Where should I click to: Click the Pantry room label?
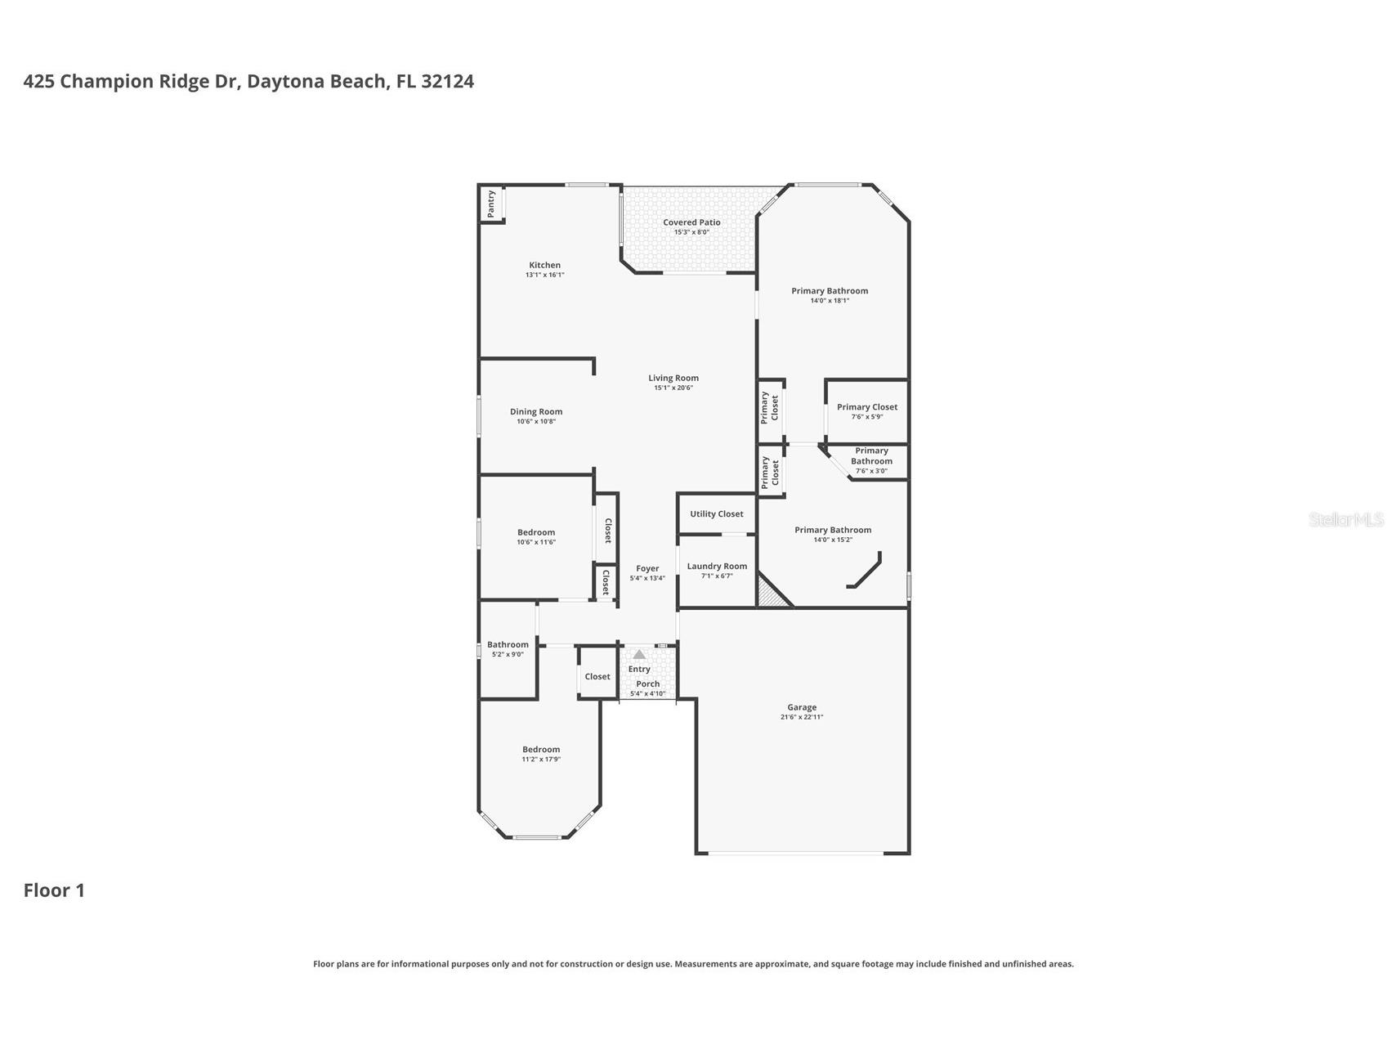pos(491,203)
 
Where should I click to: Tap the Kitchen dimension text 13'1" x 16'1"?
pos(544,276)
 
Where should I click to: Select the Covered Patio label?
pos(691,222)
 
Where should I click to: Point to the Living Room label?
pos(673,378)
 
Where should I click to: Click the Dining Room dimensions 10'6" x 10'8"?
pos(536,422)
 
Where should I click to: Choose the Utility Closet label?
pos(716,514)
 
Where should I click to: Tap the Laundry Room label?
pos(717,566)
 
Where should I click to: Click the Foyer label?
pos(647,568)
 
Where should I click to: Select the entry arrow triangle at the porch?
pos(639,655)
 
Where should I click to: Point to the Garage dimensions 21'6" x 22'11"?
pos(801,718)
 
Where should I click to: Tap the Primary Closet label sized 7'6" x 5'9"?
pos(866,407)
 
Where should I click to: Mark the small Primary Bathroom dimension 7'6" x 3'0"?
pos(870,471)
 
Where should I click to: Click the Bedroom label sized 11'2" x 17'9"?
pos(541,750)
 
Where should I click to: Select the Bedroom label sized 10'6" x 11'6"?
pos(536,532)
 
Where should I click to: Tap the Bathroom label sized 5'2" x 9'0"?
pos(508,644)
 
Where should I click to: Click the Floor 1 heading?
pos(54,890)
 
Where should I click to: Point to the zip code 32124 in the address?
pos(447,81)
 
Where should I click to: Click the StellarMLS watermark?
pos(1345,519)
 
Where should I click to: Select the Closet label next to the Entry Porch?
pos(597,676)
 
